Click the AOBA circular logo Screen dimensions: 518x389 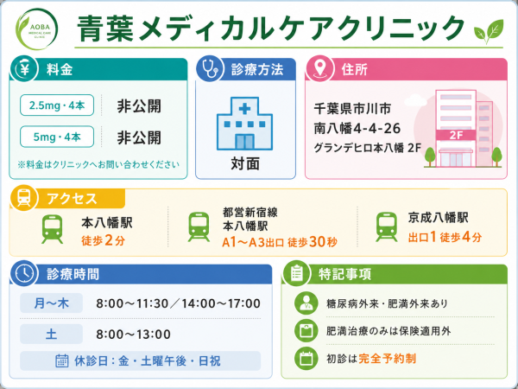(x=36, y=29)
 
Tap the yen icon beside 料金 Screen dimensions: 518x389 (x=24, y=69)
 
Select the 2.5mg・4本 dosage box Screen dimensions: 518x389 (x=57, y=105)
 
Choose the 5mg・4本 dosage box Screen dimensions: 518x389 (x=57, y=137)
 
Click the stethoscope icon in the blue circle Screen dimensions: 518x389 (x=210, y=69)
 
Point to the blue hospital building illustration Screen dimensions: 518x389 (x=244, y=124)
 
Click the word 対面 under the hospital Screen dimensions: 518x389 (x=245, y=163)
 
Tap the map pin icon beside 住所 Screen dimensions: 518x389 (x=319, y=69)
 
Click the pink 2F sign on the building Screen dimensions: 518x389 (x=456, y=135)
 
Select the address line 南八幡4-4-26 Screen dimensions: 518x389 (x=357, y=128)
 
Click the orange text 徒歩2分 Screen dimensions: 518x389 (x=103, y=240)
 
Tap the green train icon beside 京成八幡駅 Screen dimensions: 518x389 (x=387, y=226)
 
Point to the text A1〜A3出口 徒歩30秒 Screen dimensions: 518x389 (x=280, y=242)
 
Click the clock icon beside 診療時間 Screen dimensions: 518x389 (x=24, y=273)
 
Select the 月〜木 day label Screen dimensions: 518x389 (x=51, y=303)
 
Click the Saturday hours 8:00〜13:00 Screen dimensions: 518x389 (x=133, y=335)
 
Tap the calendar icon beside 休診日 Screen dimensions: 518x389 (x=62, y=360)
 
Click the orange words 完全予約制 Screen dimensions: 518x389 (x=387, y=358)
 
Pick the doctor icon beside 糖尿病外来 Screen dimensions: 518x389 (x=306, y=303)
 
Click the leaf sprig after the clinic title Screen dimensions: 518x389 (x=489, y=31)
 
